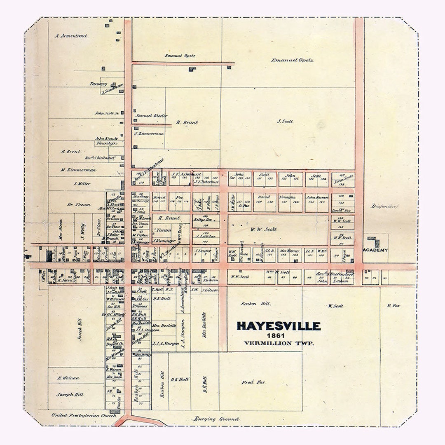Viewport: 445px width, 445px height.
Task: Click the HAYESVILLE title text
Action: tap(279, 326)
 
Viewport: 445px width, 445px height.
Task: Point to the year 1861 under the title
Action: tap(279, 335)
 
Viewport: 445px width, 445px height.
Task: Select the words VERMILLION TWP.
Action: tap(279, 343)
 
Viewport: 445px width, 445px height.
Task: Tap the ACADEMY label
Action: tap(375, 250)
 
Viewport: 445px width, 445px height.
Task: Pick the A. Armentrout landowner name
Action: tap(71, 36)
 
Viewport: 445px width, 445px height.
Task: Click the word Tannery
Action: tap(99, 83)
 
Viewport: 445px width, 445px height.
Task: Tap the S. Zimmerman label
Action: tap(149, 133)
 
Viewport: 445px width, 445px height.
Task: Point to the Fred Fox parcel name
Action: tap(253, 382)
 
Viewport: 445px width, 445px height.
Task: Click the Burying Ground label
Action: tap(216, 419)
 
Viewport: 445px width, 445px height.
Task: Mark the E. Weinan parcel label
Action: tap(68, 378)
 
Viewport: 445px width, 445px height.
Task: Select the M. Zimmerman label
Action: tap(78, 170)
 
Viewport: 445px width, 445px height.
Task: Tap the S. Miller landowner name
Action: tap(82, 183)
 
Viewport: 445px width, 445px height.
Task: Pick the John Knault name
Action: tap(106, 138)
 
